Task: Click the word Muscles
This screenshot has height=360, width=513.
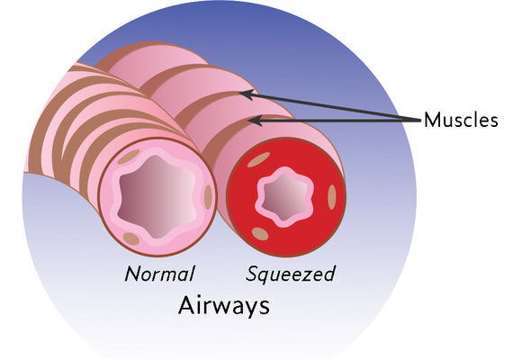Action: [461, 120]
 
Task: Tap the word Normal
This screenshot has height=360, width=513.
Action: [159, 274]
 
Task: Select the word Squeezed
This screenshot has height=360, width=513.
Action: [291, 274]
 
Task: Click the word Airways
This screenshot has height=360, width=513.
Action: [224, 305]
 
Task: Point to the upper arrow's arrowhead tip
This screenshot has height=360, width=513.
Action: [238, 93]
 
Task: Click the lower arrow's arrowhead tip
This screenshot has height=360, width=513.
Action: [247, 121]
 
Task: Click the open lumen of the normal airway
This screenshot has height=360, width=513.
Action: [157, 196]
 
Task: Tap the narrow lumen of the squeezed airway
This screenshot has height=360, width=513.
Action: [284, 196]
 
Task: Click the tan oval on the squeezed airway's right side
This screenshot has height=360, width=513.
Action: [332, 197]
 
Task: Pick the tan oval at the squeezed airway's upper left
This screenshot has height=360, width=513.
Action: [258, 159]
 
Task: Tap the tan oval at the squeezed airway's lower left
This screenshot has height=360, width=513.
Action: [260, 234]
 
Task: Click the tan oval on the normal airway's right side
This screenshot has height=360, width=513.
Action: [208, 197]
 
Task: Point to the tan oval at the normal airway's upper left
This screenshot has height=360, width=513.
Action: [129, 157]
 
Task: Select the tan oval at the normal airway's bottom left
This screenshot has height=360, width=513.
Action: [131, 238]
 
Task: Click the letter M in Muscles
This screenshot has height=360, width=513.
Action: [432, 120]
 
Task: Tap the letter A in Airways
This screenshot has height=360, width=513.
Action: [186, 305]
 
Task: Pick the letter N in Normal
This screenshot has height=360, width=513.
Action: [133, 274]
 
